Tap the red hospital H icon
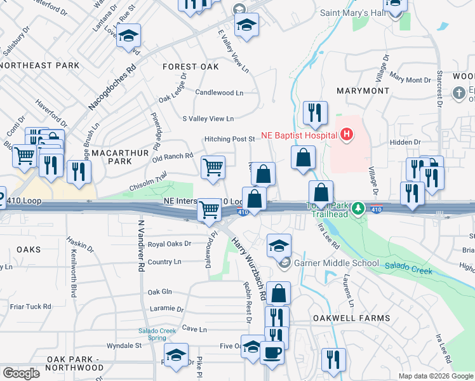point(346,134)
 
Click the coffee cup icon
point(272,352)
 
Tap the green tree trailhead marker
point(358,208)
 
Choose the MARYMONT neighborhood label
point(363,91)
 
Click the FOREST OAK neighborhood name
point(191,67)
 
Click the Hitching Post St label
point(229,139)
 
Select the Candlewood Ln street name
point(219,93)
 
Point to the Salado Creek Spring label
point(157,334)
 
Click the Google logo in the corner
point(21,373)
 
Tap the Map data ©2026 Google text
point(434,376)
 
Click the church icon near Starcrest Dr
point(459,93)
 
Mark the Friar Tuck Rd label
point(30,306)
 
